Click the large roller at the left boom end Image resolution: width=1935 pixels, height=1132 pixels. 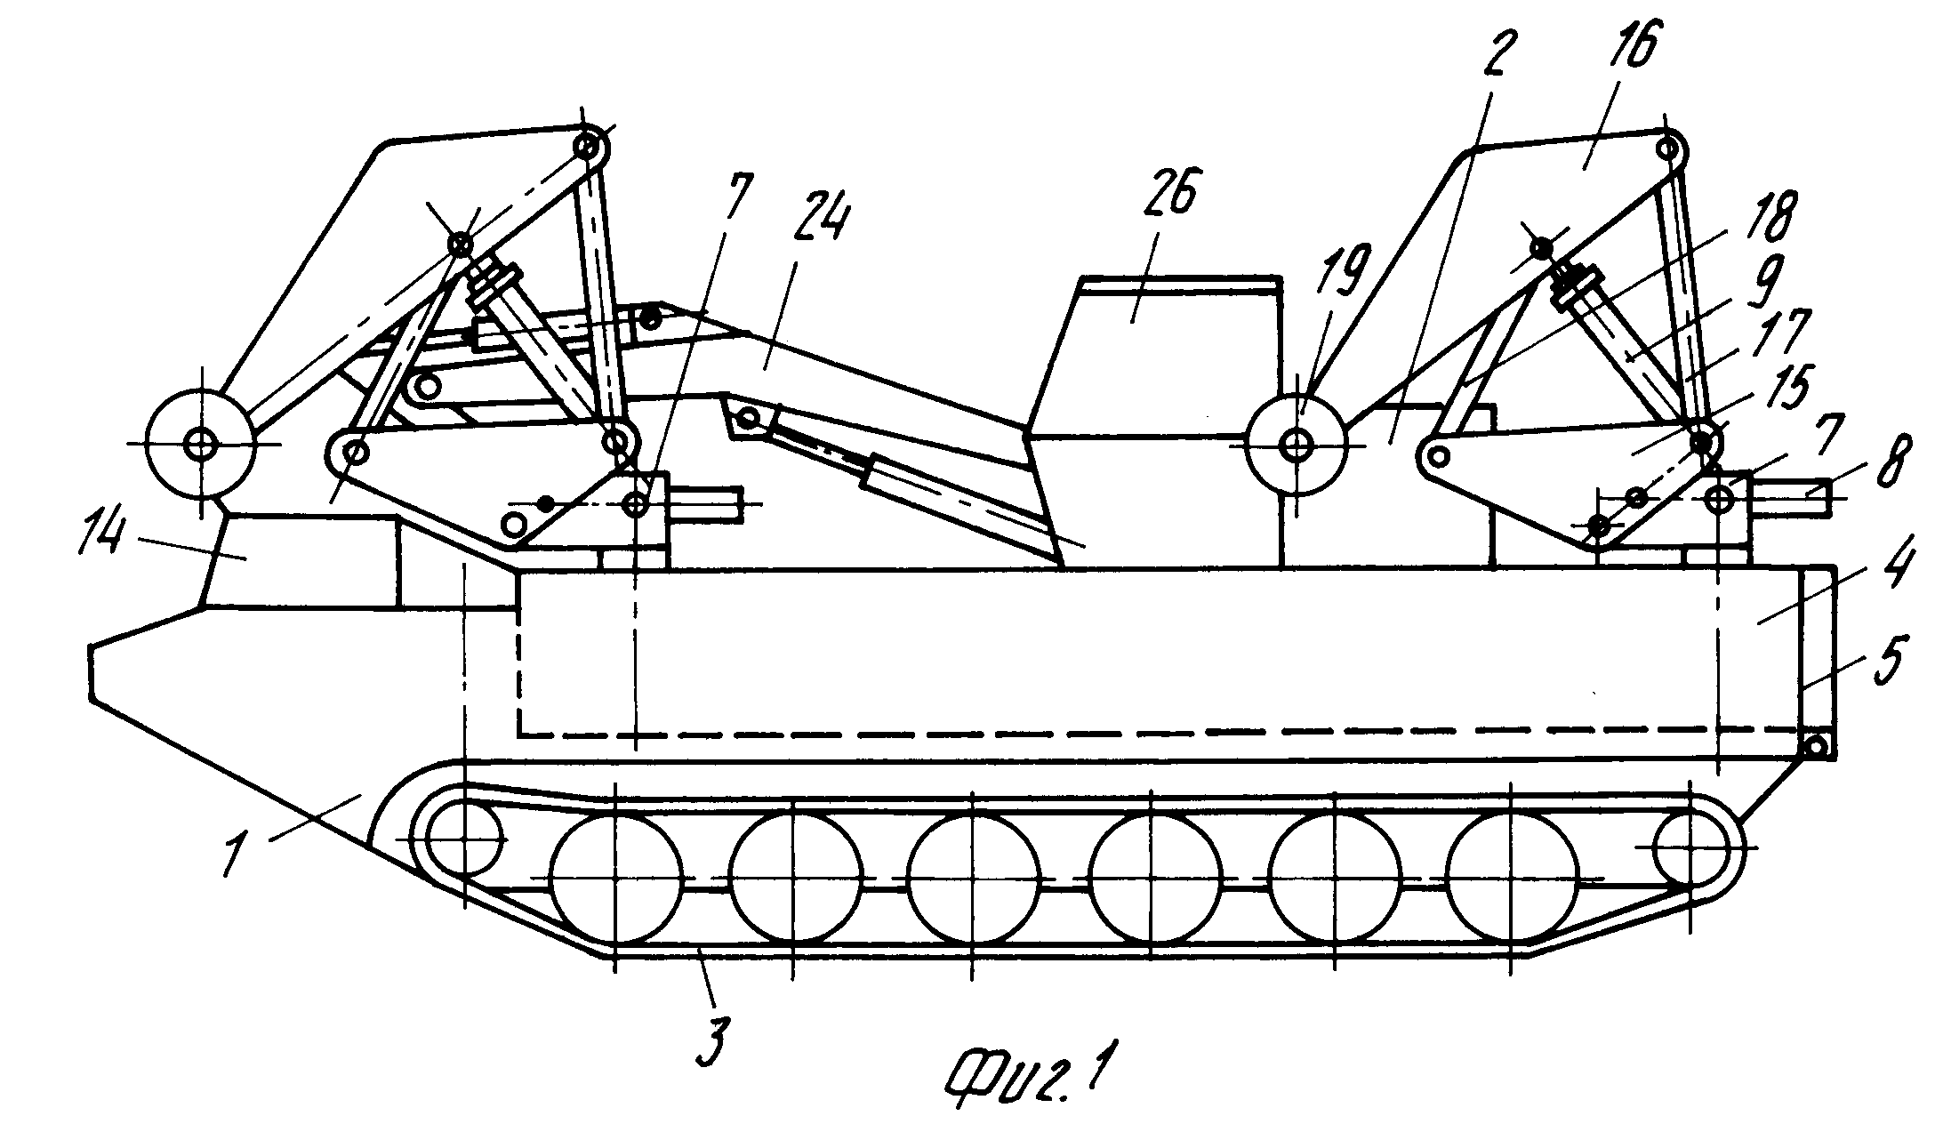pos(203,443)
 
